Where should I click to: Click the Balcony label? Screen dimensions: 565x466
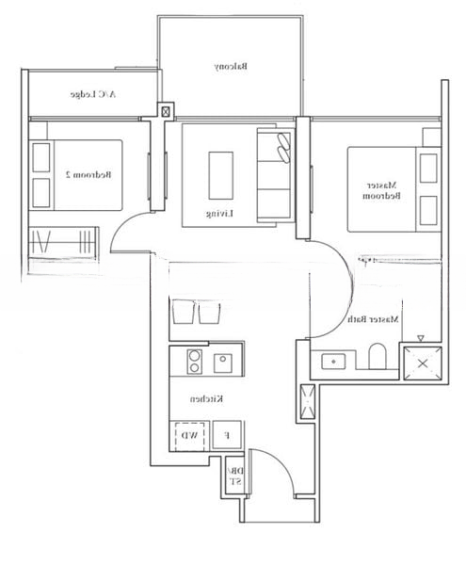point(231,67)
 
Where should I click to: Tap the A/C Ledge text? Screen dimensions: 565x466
point(94,95)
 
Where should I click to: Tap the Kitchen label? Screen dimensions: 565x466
point(206,399)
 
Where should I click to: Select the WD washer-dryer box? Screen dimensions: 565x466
point(189,435)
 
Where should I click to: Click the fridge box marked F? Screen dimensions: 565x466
point(224,435)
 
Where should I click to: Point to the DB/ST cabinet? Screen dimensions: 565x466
point(235,476)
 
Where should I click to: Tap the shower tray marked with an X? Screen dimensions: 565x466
point(420,363)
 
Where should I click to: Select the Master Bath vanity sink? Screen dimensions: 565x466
point(333,360)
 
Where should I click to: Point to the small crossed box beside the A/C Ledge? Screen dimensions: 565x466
point(167,111)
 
